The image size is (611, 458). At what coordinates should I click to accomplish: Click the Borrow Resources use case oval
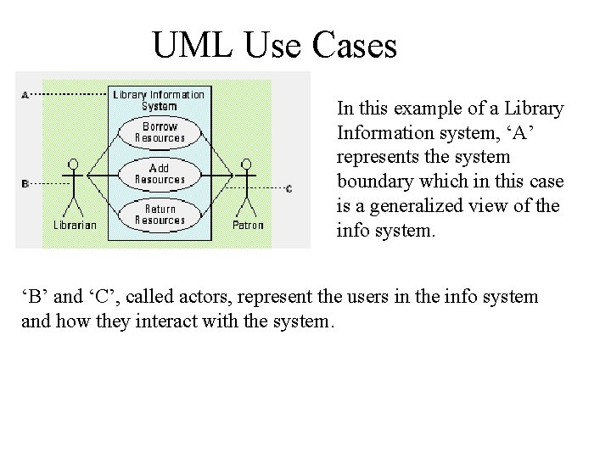[x=159, y=132]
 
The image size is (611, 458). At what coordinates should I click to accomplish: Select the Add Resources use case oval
[x=159, y=174]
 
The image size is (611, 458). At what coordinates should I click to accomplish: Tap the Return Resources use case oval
[x=159, y=215]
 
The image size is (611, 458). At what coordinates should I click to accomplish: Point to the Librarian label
[x=75, y=226]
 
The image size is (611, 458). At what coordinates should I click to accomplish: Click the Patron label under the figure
[x=248, y=226]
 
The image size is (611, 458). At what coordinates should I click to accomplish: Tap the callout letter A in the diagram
[x=25, y=94]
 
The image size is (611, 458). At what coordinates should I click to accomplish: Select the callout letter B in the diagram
[x=25, y=183]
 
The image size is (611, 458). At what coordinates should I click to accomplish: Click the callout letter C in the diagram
[x=289, y=188]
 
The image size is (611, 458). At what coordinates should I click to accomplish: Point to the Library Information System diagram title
[x=159, y=100]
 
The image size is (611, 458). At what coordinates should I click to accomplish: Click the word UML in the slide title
[x=193, y=46]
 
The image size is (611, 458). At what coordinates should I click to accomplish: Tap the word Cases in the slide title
[x=355, y=46]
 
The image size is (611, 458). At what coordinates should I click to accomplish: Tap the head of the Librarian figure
[x=74, y=163]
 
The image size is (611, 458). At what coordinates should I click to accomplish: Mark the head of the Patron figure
[x=247, y=163]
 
